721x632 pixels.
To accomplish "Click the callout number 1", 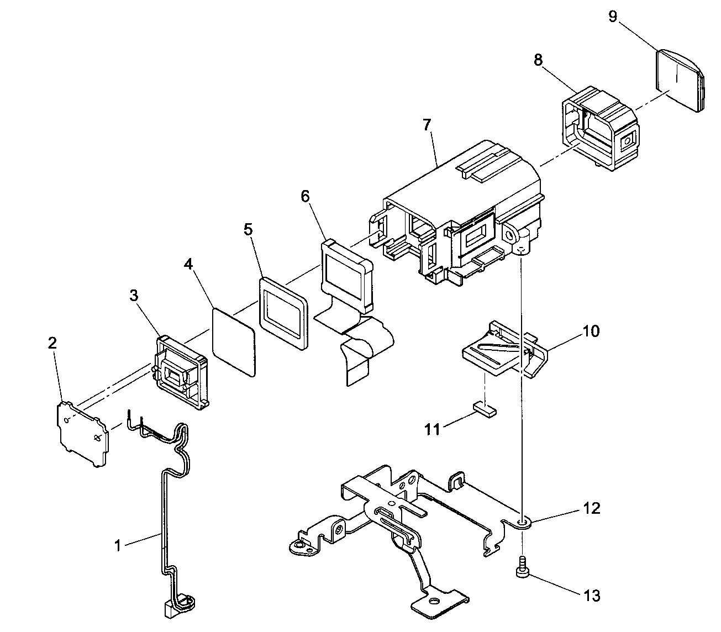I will click(117, 546).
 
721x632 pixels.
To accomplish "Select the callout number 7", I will click(427, 125).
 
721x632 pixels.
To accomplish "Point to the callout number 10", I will click(590, 331).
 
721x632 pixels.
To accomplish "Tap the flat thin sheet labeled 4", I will click(234, 342).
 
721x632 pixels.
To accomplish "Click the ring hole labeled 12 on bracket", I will click(522, 521).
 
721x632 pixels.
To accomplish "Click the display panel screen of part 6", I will click(343, 272).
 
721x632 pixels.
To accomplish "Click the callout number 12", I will click(591, 508).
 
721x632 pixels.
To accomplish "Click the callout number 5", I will click(248, 229).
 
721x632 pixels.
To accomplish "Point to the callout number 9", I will click(613, 17).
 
